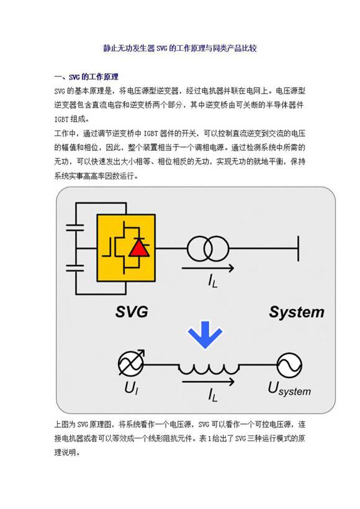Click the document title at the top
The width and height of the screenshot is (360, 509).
tap(179, 48)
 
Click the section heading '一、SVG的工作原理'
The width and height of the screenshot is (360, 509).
tap(86, 78)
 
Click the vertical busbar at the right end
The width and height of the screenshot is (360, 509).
tap(300, 249)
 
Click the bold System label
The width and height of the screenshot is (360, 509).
tap(296, 312)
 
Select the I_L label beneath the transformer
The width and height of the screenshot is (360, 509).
tap(213, 281)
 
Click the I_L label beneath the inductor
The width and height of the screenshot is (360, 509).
tap(212, 394)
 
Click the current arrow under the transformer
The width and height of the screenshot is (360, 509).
tap(209, 269)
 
